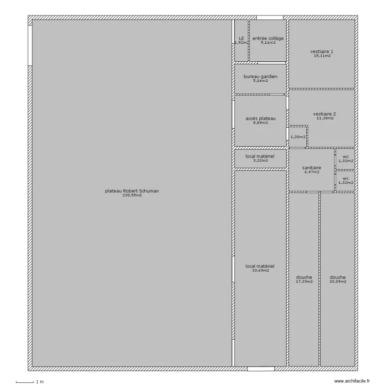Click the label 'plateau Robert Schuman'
(x=132, y=191)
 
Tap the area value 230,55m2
(x=132, y=196)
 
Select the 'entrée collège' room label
(x=268, y=39)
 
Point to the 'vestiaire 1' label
(x=322, y=51)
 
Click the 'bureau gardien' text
(x=260, y=77)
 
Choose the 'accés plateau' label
(x=260, y=118)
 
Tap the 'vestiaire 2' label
(x=325, y=114)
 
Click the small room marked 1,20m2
(x=297, y=137)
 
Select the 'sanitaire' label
(x=311, y=168)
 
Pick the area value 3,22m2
(x=260, y=161)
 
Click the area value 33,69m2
(x=260, y=271)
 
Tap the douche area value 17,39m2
(x=304, y=282)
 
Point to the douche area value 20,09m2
(x=338, y=282)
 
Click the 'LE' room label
(x=241, y=39)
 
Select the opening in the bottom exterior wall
(x=260, y=369)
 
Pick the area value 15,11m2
(x=322, y=56)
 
